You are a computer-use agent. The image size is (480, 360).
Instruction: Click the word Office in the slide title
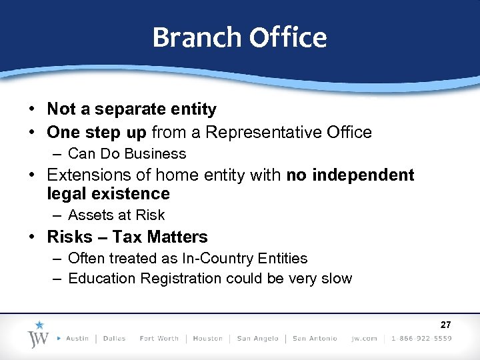point(288,37)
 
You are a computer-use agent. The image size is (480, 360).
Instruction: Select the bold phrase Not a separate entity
point(131,109)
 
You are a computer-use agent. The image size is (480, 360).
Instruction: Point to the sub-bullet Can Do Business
point(127,154)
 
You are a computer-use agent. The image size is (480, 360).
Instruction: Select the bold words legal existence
point(108,194)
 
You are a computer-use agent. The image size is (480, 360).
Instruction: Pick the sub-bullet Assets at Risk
point(116,215)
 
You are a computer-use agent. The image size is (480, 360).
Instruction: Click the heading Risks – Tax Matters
point(127,237)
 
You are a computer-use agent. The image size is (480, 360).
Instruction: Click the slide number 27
point(446,325)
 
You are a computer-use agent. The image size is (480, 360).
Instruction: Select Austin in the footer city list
point(77,339)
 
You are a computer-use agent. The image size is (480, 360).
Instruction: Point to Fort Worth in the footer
point(159,339)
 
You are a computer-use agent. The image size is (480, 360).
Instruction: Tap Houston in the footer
point(207,339)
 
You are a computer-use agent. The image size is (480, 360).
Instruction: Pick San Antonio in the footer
point(315,339)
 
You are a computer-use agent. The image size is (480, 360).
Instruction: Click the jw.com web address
point(364,339)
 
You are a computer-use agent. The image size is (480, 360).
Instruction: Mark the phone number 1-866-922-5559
point(421,339)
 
